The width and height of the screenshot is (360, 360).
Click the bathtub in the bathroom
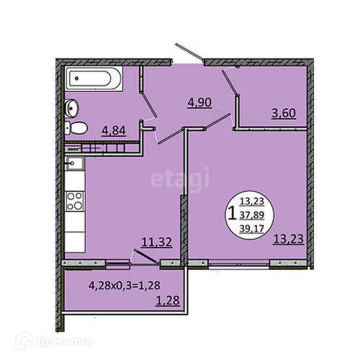click(x=94, y=78)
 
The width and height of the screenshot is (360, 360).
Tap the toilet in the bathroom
click(x=76, y=128)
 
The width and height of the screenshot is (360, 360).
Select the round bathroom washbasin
click(x=71, y=109)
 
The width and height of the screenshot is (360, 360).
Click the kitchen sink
click(x=75, y=163)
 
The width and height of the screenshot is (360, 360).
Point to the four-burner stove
click(x=75, y=201)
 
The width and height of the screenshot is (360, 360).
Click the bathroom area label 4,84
click(x=114, y=131)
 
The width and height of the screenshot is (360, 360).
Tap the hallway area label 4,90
click(x=199, y=103)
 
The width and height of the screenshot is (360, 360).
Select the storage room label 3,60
click(x=284, y=113)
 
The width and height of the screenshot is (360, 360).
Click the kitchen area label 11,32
click(x=157, y=242)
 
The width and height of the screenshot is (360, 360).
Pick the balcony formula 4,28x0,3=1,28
click(x=125, y=285)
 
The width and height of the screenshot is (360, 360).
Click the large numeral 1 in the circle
click(x=232, y=214)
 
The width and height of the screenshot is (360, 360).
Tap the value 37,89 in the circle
click(x=252, y=215)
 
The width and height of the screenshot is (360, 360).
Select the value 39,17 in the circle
click(x=252, y=229)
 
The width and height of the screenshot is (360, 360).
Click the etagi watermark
click(x=180, y=179)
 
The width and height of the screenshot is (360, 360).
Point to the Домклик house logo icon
click(x=24, y=341)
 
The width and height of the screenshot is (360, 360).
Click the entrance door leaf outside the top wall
click(x=189, y=52)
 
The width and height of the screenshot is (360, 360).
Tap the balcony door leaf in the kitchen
click(x=147, y=257)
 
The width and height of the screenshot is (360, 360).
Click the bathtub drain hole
click(x=76, y=78)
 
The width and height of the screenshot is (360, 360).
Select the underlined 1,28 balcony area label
click(x=168, y=300)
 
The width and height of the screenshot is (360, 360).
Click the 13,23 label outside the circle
click(x=289, y=239)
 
